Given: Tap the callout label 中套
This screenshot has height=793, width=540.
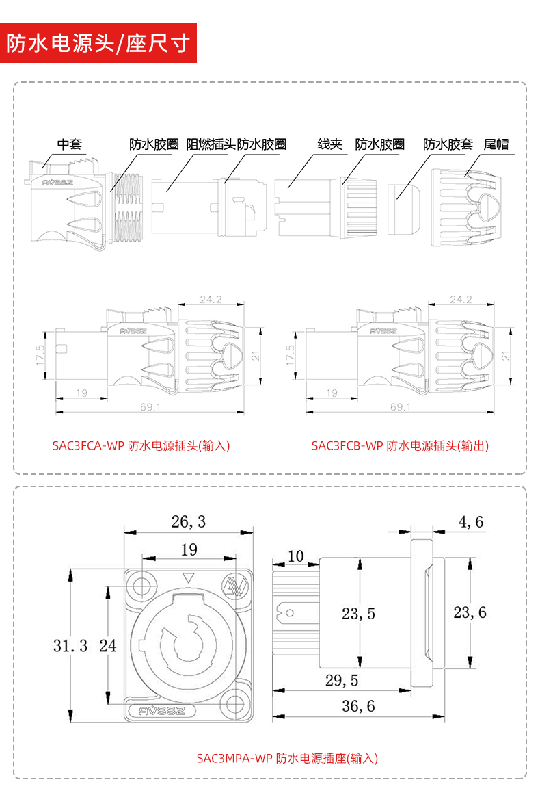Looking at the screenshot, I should coord(69,144).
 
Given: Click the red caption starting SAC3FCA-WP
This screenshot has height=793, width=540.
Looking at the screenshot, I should coord(141,445).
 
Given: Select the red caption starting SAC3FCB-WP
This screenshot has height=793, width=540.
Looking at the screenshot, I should coord(400,445).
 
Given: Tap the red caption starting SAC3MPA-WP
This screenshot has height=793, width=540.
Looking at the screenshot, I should coord(287,758).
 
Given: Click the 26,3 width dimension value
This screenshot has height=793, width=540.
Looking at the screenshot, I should coord(188,522).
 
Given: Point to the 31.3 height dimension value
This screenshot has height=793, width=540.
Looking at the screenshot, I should coord(70,645).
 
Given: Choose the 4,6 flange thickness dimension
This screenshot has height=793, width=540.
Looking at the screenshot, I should coord(471,522).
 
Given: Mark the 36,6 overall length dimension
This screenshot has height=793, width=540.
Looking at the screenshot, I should coord(358,705).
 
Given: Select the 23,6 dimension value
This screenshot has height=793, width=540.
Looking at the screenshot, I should coord(470,612).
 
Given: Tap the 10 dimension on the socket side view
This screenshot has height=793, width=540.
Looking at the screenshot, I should coord(295,556).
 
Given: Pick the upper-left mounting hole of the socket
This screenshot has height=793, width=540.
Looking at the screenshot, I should coord(143,586).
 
